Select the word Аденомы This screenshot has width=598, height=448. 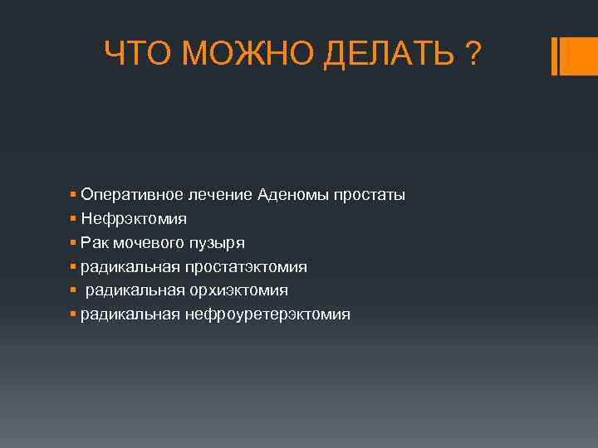(x=293, y=195)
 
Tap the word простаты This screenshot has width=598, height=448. (x=370, y=195)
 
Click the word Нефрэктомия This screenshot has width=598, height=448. (x=134, y=219)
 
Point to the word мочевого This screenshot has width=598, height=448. (x=146, y=243)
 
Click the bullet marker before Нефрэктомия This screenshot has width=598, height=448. (x=74, y=218)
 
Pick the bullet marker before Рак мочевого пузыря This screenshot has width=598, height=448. (x=74, y=242)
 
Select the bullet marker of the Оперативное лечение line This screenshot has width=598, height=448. (x=74, y=194)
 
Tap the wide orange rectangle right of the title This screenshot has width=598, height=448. (x=580, y=56)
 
